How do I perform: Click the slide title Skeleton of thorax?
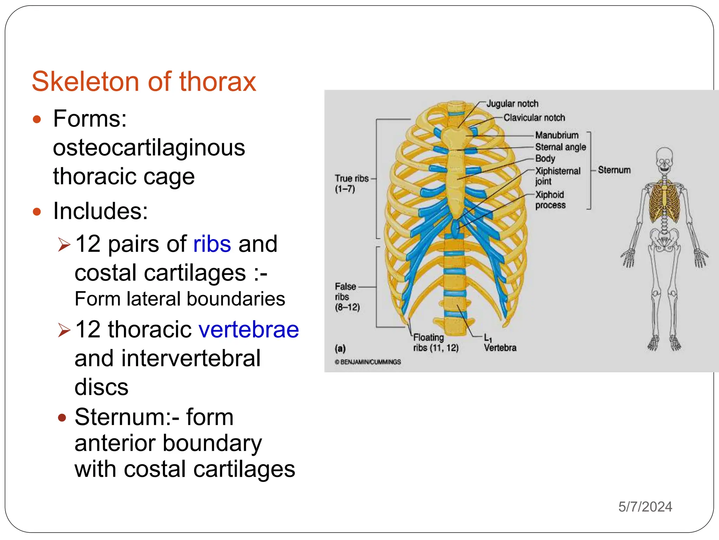[x=144, y=82]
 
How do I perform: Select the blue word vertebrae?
[x=249, y=329]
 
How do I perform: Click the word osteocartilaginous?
[x=149, y=147]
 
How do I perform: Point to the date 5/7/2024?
[x=645, y=507]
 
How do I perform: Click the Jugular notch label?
[x=512, y=104]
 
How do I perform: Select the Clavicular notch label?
[x=534, y=118]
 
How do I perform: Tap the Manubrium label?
[x=556, y=135]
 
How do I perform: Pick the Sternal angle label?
[x=560, y=147]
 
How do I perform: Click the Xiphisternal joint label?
[x=557, y=176]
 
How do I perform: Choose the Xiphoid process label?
[x=550, y=200]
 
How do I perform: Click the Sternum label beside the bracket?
[x=614, y=170]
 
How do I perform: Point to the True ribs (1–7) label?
[x=351, y=184]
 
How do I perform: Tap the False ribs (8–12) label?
[x=347, y=297]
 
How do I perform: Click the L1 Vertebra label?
[x=500, y=343]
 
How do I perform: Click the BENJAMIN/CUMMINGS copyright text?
[x=368, y=362]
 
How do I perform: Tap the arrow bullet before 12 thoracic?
[x=65, y=330]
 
